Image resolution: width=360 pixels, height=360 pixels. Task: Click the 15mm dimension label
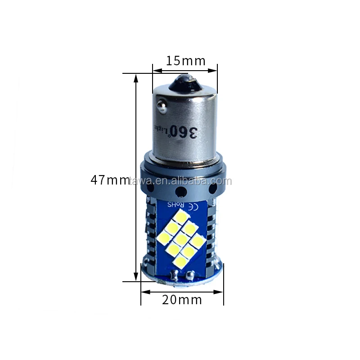coord(185,61)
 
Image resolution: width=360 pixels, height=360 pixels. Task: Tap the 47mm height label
coord(109,180)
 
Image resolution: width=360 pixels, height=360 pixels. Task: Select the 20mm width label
coord(182,299)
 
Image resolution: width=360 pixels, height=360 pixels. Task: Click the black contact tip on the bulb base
coord(185,82)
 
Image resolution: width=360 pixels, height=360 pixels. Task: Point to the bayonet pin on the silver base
coord(160,106)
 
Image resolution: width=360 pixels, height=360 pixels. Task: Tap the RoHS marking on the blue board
coord(176,205)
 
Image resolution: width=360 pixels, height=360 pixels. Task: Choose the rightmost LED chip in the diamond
coord(197,241)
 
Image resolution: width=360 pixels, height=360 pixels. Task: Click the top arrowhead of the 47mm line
coord(136,77)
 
